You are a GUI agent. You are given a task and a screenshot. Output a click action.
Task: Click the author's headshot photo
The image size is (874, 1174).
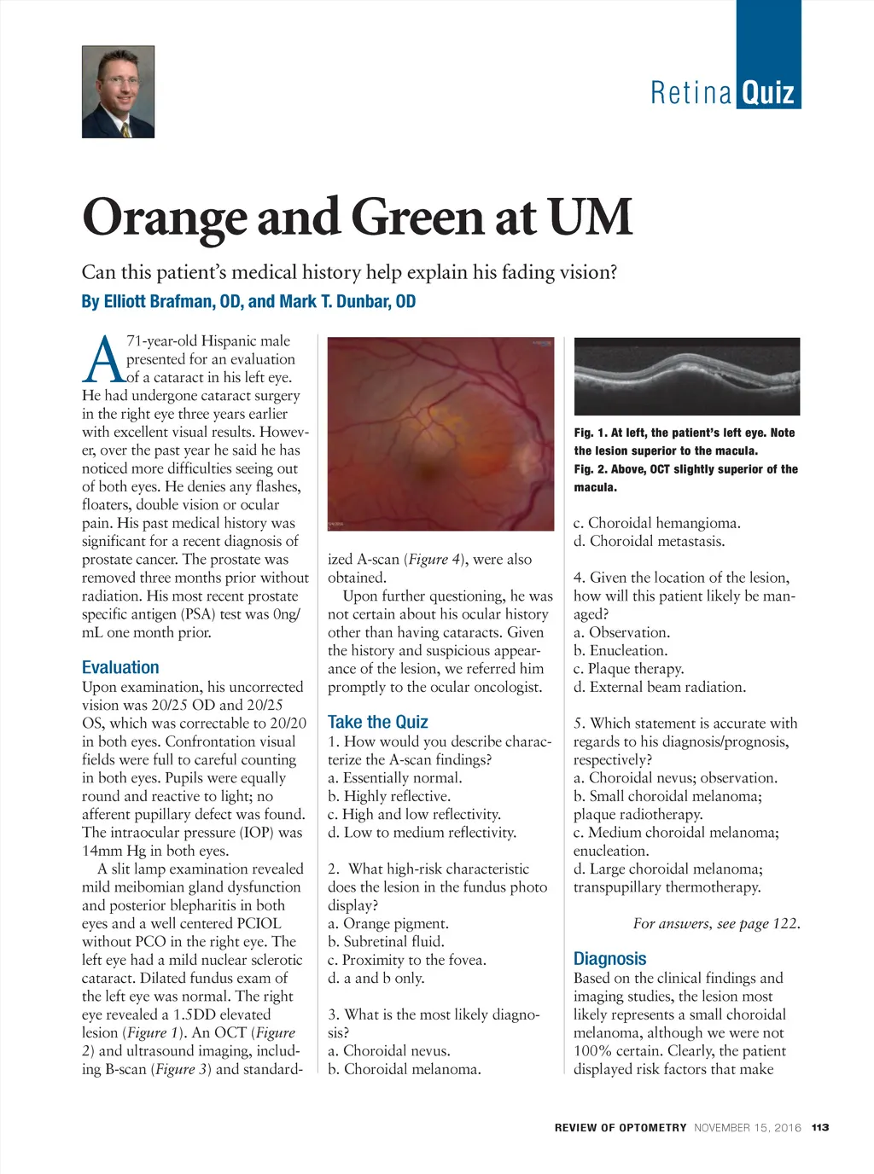point(118,92)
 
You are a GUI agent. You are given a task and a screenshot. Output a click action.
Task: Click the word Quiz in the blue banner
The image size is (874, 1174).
point(768,92)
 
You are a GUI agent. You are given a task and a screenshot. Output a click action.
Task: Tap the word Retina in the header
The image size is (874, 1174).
point(690,92)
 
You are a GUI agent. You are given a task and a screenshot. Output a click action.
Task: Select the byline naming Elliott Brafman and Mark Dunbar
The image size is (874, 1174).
point(248,301)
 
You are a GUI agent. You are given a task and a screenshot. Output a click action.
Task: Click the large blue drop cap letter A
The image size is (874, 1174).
point(102,359)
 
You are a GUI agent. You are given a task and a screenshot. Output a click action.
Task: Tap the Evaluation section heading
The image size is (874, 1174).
point(120,667)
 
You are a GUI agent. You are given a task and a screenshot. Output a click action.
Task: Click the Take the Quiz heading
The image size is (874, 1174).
point(377,722)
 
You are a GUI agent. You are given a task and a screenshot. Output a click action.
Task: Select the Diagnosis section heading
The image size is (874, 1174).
point(609,959)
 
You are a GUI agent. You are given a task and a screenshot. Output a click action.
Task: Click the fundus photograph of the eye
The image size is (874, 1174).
point(440,433)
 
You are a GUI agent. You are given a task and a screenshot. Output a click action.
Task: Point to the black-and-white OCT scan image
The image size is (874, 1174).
point(687,376)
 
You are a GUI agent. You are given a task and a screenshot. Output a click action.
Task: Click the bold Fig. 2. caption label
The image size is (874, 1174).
point(592,469)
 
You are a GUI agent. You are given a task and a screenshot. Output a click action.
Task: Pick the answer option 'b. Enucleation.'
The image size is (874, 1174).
point(621,650)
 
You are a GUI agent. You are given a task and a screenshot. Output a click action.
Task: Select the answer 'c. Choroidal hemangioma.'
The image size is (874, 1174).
point(656,523)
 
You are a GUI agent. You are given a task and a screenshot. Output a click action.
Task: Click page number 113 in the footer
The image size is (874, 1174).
point(820,1127)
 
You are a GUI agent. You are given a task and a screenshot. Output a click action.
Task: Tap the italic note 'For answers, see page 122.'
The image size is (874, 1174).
point(716,923)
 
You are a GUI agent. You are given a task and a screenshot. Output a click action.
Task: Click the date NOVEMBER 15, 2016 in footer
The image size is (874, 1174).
point(748,1127)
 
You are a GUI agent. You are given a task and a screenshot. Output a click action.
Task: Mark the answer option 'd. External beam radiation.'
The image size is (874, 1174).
point(660,687)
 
